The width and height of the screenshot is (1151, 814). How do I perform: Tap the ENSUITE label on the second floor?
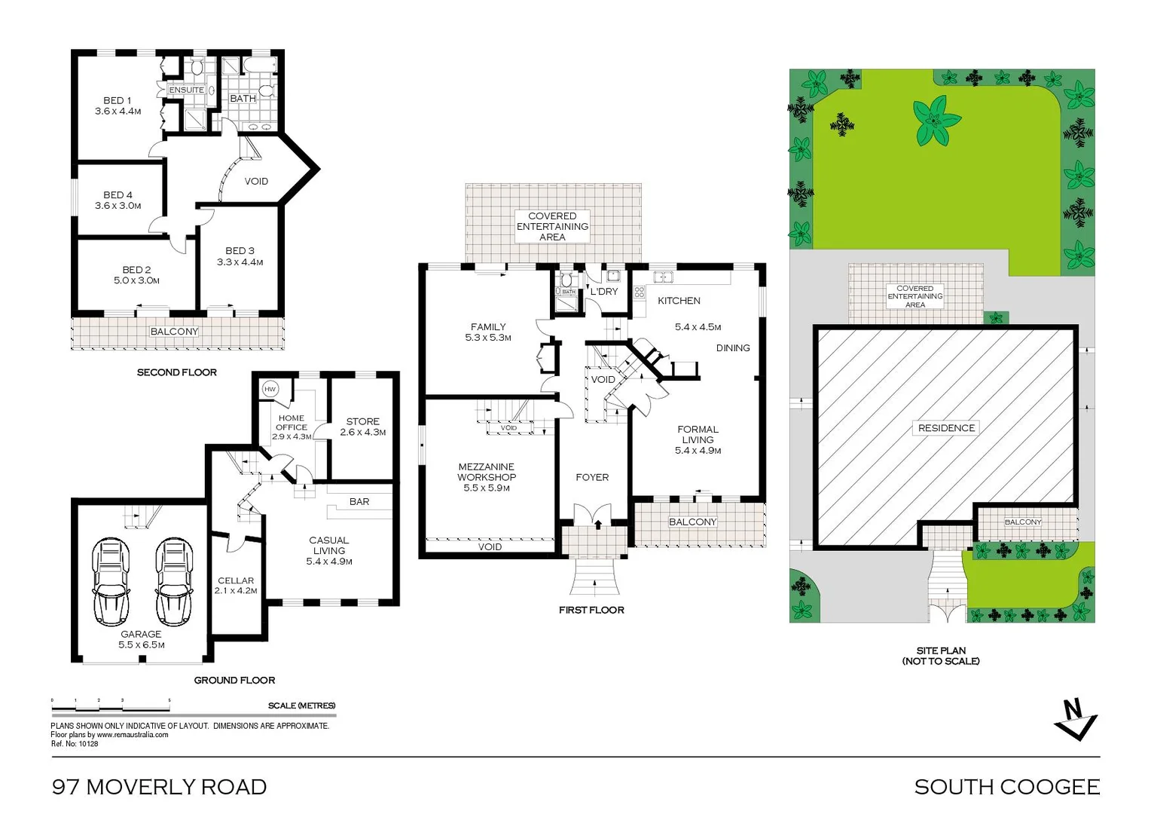click(186, 90)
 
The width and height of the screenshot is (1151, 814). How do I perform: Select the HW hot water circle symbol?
click(270, 389)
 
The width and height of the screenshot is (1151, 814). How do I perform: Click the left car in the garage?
click(111, 582)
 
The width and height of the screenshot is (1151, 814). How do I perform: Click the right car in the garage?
click(174, 582)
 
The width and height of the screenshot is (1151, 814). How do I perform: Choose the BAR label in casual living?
click(359, 501)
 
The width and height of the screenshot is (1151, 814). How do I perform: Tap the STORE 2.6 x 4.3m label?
click(363, 427)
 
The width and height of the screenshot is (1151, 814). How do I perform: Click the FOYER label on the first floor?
click(592, 477)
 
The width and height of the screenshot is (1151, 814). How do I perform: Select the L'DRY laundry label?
click(604, 292)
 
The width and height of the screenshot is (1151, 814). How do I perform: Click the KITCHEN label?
click(679, 301)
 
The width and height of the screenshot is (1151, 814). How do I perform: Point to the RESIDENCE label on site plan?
click(946, 428)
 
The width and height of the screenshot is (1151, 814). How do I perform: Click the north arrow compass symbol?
click(1076, 720)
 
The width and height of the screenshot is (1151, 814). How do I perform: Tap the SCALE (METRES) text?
click(301, 705)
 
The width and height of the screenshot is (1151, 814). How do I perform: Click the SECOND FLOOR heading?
click(177, 372)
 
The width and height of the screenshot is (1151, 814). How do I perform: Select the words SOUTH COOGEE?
click(1006, 787)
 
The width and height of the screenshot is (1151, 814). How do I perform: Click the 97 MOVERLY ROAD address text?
click(159, 787)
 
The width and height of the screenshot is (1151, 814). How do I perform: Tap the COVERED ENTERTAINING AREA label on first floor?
click(552, 226)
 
